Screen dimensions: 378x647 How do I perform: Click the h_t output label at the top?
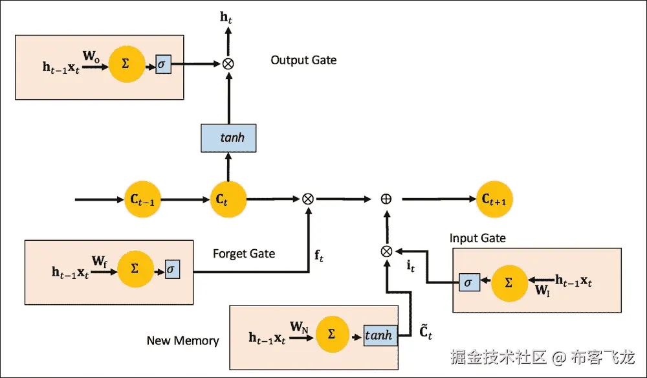tap(226, 17)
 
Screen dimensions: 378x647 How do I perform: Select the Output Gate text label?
tap(303, 60)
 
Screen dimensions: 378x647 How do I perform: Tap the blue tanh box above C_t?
tap(228, 138)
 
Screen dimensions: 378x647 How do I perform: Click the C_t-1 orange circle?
tap(141, 199)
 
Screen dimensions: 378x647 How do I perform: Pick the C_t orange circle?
tap(228, 199)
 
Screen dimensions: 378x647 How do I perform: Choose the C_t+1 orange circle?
tap(494, 199)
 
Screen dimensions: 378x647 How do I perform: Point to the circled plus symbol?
tap(386, 199)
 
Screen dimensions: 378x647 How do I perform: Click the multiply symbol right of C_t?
tap(308, 199)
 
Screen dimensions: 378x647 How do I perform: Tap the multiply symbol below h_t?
tap(228, 63)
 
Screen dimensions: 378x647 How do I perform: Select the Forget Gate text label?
tap(244, 254)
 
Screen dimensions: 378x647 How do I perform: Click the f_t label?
tap(319, 256)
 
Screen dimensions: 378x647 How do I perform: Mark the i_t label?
tap(410, 265)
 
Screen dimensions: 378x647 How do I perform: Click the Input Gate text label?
tap(477, 238)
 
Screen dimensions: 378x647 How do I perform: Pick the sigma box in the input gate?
tap(467, 282)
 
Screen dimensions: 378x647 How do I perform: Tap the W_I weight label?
tap(542, 289)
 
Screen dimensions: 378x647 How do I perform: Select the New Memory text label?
tap(182, 340)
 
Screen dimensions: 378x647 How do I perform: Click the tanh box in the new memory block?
tap(380, 335)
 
